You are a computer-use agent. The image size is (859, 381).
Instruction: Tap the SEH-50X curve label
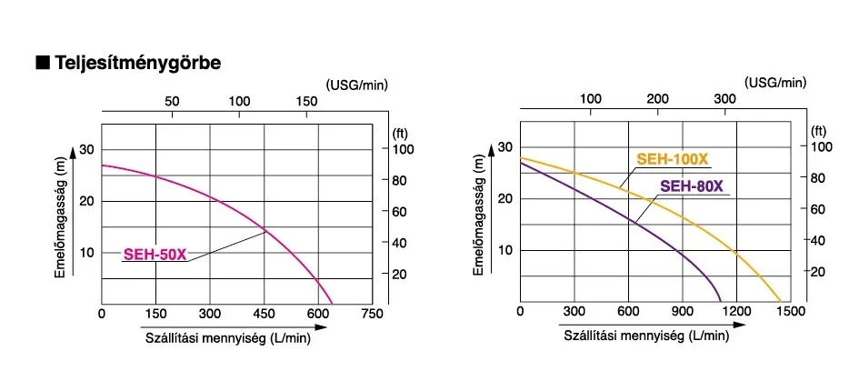point(155,255)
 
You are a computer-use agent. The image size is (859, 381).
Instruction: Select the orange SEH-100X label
point(672,159)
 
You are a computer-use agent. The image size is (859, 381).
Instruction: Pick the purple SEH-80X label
point(692,187)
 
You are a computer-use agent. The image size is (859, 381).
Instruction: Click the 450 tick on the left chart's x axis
point(264,314)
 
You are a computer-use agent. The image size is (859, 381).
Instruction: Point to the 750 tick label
point(373,314)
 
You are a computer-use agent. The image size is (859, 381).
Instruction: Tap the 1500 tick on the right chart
point(792,311)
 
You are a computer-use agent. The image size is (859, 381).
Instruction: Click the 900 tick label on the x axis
point(683,311)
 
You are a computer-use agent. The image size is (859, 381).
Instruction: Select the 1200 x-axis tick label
point(737,311)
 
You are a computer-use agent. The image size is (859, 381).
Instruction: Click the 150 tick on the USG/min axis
point(307,102)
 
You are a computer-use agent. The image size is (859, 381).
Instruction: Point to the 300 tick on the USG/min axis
point(724,99)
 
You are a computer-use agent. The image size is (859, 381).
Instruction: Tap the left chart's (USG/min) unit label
point(356,85)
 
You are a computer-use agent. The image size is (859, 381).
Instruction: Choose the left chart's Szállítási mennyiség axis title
point(228,338)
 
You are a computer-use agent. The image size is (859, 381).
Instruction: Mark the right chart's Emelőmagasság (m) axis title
point(479,216)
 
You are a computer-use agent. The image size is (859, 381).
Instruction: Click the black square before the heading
point(43,63)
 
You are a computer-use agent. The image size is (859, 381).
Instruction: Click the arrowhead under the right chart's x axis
point(740,325)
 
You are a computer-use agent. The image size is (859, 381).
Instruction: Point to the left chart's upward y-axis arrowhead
point(73,152)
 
